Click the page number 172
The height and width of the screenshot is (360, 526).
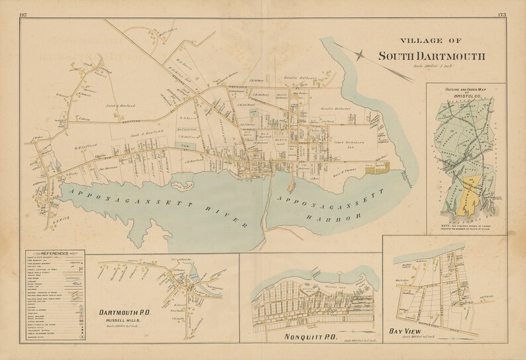25,13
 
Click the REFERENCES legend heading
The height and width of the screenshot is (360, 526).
57,254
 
